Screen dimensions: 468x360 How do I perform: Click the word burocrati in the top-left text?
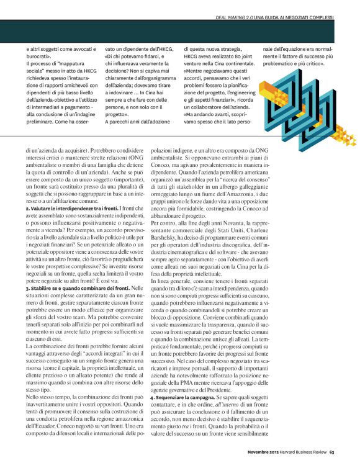point(39,56)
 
